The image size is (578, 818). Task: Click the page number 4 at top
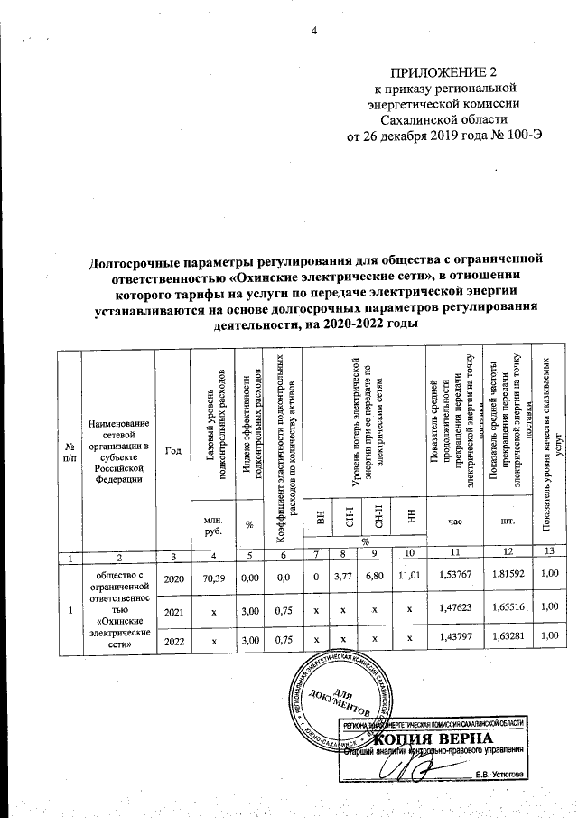(x=315, y=33)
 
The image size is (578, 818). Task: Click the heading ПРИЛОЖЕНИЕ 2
(x=444, y=71)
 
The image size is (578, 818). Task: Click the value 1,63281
(x=507, y=641)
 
